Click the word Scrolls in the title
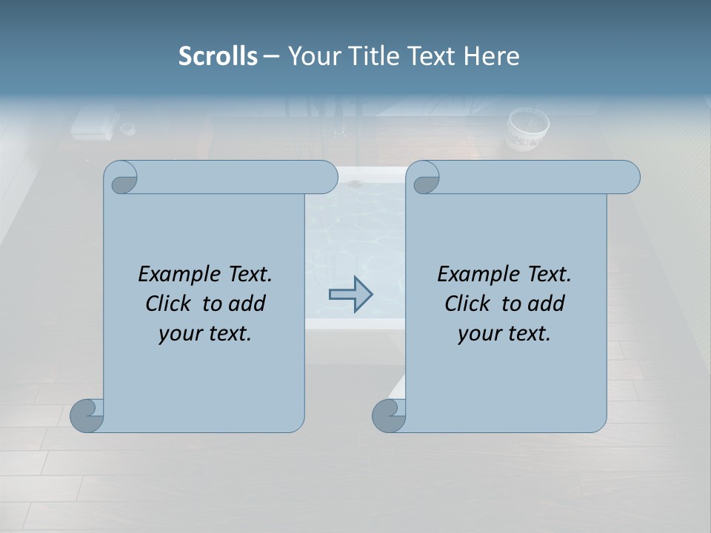click(218, 56)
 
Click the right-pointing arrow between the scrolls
click(350, 294)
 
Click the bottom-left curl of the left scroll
click(87, 415)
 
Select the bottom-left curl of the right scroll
click(390, 415)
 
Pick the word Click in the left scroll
click(167, 304)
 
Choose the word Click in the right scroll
click(467, 304)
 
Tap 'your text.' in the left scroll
click(205, 333)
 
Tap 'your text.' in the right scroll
click(504, 333)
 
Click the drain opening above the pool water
click(355, 182)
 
